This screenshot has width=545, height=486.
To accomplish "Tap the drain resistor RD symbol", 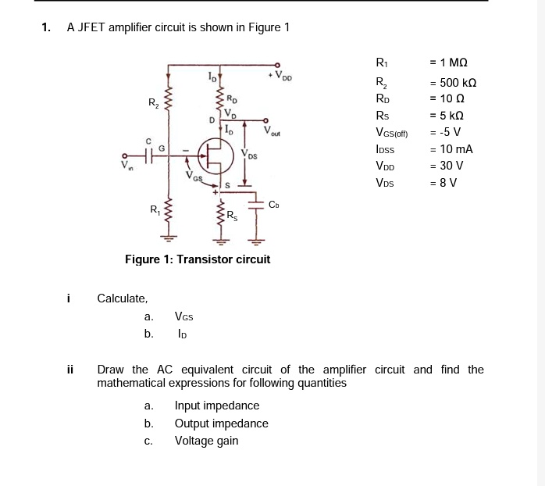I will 219,98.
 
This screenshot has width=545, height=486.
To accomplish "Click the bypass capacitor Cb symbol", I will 255,204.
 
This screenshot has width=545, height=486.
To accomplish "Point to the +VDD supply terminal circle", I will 278,66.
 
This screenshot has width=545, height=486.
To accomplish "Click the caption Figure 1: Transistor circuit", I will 198,259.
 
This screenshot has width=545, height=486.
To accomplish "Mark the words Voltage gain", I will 206,441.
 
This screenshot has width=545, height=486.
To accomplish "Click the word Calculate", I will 122,298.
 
